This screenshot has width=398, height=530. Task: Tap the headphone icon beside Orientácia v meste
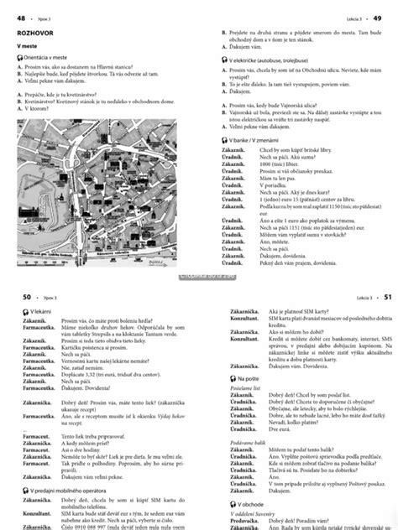[x=18, y=57]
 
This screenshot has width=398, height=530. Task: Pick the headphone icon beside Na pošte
[x=221, y=356]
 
